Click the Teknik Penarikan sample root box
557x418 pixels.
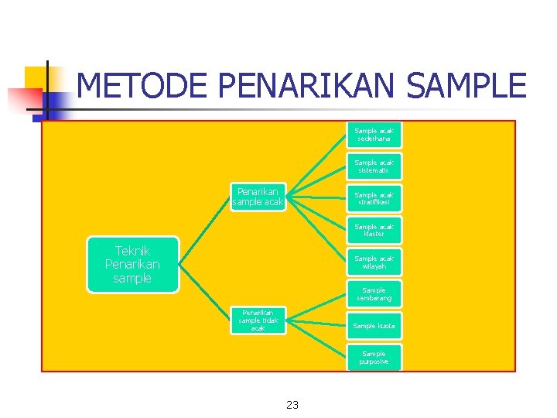[132, 265]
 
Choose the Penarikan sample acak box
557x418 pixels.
[259, 197]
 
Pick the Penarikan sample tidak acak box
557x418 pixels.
[258, 320]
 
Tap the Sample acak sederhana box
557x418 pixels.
[374, 135]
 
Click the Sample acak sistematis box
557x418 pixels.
[374, 166]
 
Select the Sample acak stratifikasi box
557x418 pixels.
[374, 199]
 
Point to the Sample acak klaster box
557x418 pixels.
[374, 230]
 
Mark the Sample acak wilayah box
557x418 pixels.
[374, 262]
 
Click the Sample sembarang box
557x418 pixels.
[374, 294]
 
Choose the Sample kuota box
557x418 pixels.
[374, 326]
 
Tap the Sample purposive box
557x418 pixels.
[374, 358]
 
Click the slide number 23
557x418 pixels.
[292, 404]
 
